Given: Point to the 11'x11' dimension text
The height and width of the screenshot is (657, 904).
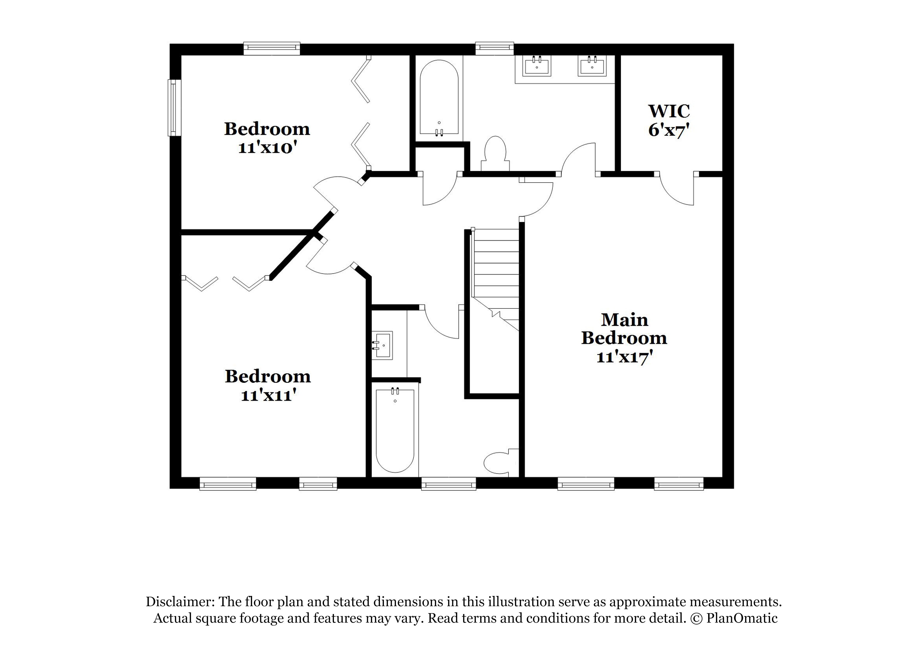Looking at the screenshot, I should (268, 395).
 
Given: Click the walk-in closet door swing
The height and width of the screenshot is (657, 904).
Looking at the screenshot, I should (678, 191).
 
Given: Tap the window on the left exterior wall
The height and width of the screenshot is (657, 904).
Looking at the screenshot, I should (174, 108).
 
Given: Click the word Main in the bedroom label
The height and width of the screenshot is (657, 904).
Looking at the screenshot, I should (624, 319).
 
